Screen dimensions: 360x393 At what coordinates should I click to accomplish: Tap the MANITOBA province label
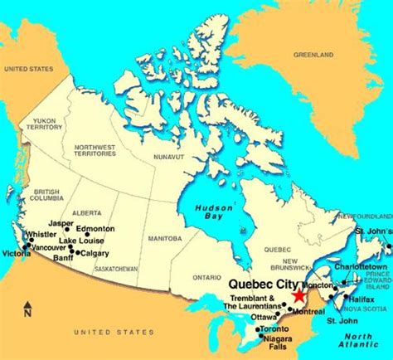[163, 238]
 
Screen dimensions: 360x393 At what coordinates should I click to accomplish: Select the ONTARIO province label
[206, 277]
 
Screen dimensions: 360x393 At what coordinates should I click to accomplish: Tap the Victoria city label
[15, 253]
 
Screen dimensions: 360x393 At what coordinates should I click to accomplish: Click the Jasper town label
[60, 224]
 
